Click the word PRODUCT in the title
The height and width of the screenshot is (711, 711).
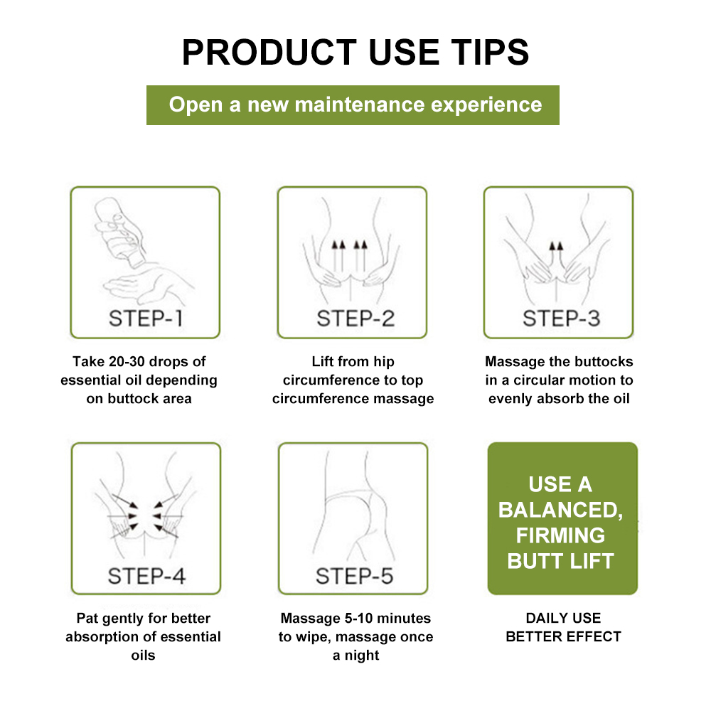coord(269,53)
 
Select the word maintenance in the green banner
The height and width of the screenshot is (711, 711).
coord(359,105)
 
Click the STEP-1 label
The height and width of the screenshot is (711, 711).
coord(146,319)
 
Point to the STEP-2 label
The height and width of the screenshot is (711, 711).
coord(355,319)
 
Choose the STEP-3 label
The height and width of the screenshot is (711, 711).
coord(562,319)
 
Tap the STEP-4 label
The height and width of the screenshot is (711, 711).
coord(146,576)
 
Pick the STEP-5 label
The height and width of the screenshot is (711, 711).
coord(354,576)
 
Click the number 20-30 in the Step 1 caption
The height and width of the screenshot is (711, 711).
coord(127,361)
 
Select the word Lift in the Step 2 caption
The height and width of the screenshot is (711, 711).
coord(322,361)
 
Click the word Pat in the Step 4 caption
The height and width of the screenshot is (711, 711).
coord(87,618)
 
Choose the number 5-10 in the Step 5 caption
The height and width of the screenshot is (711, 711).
coord(358,618)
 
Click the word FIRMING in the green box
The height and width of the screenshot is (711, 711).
coord(560,535)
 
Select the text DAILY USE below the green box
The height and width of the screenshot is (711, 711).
coord(563,618)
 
